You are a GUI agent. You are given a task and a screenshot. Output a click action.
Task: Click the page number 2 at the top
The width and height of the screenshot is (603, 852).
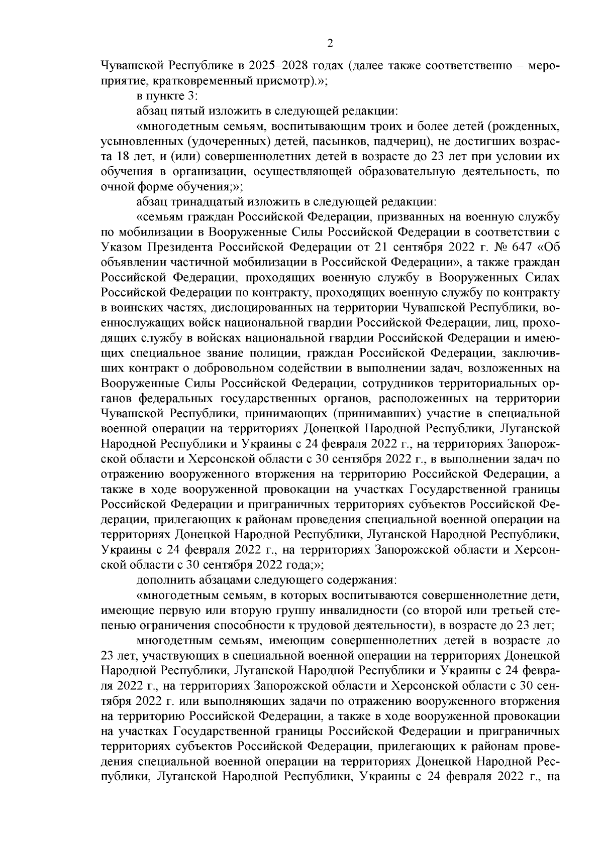click(330, 44)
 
